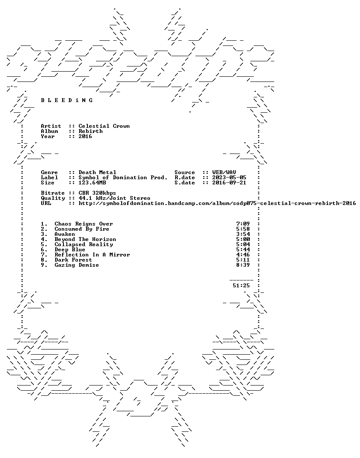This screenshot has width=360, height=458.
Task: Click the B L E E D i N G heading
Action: [x=67, y=100]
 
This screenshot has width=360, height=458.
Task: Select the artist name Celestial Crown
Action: [x=104, y=126]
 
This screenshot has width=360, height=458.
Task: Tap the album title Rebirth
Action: [x=90, y=131]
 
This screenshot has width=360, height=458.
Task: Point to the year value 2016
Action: [x=85, y=136]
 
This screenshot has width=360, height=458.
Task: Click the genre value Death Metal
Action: [x=97, y=172]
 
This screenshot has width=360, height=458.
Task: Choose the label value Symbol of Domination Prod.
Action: [x=123, y=178]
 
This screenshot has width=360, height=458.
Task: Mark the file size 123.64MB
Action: [x=92, y=183]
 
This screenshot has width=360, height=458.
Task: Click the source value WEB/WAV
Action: [x=224, y=172]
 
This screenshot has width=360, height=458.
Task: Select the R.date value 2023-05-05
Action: [x=229, y=178]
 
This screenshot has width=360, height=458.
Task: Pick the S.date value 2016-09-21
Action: [x=229, y=183]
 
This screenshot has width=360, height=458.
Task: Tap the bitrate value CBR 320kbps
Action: [x=97, y=193]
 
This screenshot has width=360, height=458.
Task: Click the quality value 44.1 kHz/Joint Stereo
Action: [x=114, y=198]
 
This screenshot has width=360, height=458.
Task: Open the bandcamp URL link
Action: [x=217, y=203]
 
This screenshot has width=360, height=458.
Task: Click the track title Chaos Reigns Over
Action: [x=84, y=224]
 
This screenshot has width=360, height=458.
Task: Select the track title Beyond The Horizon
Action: [x=85, y=240]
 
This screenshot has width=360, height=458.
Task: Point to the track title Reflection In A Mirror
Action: [x=92, y=255]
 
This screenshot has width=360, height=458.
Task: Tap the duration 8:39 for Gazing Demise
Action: [x=243, y=265]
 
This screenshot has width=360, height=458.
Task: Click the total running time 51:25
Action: [x=241, y=286]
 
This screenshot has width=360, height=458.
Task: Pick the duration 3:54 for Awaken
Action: [x=243, y=234]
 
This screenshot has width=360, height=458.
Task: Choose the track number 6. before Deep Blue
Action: [x=44, y=250]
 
